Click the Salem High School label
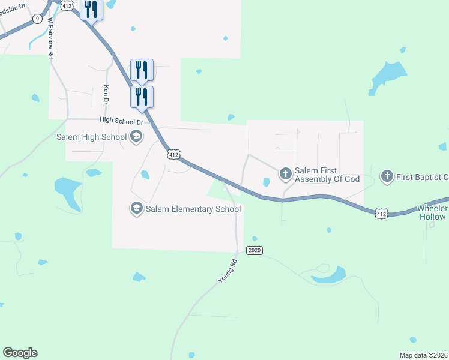tap(91, 137)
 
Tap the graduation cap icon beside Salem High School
tap(136, 137)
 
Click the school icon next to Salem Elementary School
tap(136, 209)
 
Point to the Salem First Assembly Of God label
tap(327, 175)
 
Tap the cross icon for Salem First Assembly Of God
tap(286, 175)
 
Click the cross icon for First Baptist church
tap(387, 176)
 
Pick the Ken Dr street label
tap(106, 95)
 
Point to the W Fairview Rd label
tap(52, 37)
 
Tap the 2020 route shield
tap(255, 250)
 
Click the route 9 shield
tap(38, 19)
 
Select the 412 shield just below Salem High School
tap(173, 154)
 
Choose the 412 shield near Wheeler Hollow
tap(381, 213)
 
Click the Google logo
tap(20, 353)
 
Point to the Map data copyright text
tap(424, 355)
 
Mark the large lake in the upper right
tap(387, 76)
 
